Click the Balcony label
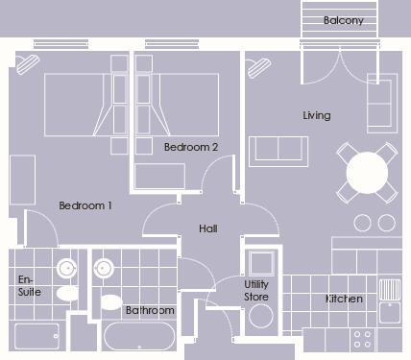pyautogui.click(x=343, y=20)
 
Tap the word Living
pyautogui.click(x=316, y=115)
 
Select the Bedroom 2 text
pyautogui.click(x=191, y=147)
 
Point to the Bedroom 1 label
pyautogui.click(x=85, y=205)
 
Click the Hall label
pyautogui.click(x=207, y=229)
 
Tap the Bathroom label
pyautogui.click(x=150, y=310)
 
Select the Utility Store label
pyautogui.click(x=256, y=291)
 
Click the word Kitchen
pyautogui.click(x=343, y=300)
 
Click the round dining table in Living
pyautogui.click(x=368, y=174)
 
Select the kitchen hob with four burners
pyautogui.click(x=363, y=339)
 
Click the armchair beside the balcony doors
pyautogui.click(x=382, y=101)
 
